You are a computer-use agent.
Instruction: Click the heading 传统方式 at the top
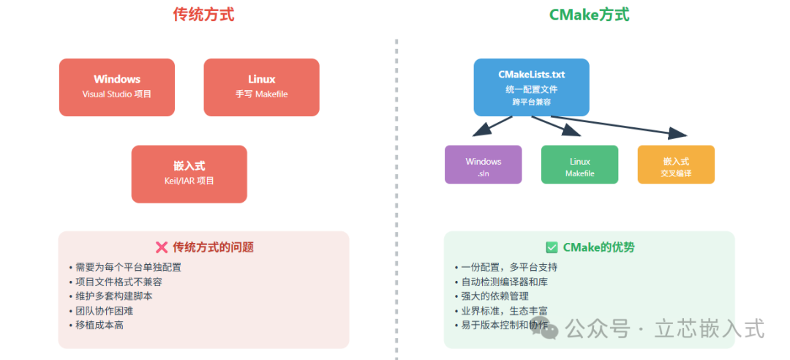[x=203, y=15]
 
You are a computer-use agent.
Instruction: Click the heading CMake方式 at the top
[x=589, y=15]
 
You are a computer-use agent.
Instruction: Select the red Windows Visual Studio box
[x=117, y=87]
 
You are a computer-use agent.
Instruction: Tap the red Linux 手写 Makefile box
[x=261, y=87]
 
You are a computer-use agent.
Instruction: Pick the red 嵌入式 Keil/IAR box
[x=189, y=174]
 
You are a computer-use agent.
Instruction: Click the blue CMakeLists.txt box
[x=531, y=87]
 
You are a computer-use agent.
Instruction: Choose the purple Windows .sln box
[x=483, y=165]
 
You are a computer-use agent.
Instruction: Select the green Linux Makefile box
[x=579, y=165]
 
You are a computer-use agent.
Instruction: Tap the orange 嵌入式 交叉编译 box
[x=676, y=165]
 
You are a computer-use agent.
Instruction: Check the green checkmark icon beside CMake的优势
[x=552, y=247]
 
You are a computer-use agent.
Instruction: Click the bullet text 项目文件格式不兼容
[x=118, y=282]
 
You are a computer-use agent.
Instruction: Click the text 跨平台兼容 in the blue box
[x=531, y=102]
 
